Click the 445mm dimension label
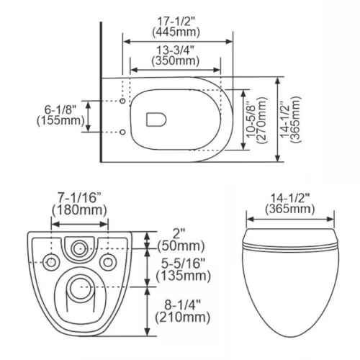tap(176, 32)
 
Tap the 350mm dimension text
tap(176, 60)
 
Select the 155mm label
tap(60, 120)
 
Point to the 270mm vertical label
tap(262, 120)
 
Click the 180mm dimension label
tap(79, 210)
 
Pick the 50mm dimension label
tap(181, 246)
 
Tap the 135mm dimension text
tap(184, 276)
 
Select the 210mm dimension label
tap(183, 318)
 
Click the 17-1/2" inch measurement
tap(176, 22)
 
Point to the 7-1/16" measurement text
tap(79, 198)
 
